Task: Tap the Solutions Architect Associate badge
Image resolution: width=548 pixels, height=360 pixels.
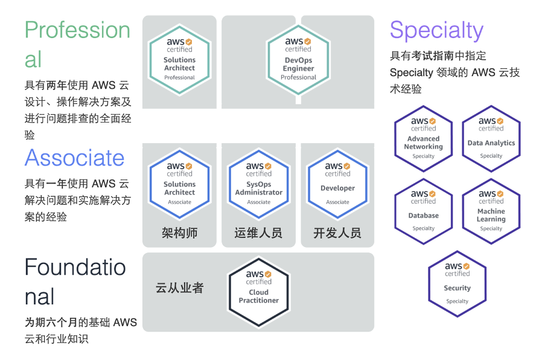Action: pyautogui.click(x=179, y=183)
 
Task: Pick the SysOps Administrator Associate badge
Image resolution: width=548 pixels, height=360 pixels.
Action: pyautogui.click(x=258, y=183)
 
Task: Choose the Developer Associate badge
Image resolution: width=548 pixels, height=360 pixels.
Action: pyautogui.click(x=337, y=183)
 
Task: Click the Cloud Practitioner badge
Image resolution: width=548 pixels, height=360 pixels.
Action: pyautogui.click(x=258, y=291)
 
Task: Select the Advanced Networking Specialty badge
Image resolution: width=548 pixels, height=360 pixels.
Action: pyautogui.click(x=423, y=138)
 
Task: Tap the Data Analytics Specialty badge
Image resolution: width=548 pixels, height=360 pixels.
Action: pyautogui.click(x=491, y=138)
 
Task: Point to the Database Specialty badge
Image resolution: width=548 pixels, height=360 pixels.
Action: pyautogui.click(x=423, y=211)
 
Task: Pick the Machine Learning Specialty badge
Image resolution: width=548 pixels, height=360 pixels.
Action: pyautogui.click(x=491, y=211)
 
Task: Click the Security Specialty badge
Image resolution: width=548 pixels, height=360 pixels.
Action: pyautogui.click(x=457, y=283)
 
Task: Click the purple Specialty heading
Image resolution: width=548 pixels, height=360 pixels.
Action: pyautogui.click(x=436, y=30)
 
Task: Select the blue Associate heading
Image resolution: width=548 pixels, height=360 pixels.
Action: pyautogui.click(x=74, y=158)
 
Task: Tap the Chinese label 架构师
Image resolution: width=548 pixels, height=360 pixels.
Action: pyautogui.click(x=179, y=233)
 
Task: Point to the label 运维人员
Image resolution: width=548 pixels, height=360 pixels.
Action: pyautogui.click(x=258, y=233)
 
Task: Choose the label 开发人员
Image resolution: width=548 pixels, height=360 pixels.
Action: pyautogui.click(x=337, y=233)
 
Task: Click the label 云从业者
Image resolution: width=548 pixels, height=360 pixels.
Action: pyautogui.click(x=179, y=288)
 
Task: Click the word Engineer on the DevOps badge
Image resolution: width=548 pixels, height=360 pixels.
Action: pyautogui.click(x=298, y=69)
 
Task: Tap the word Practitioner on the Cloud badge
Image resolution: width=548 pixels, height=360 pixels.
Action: pyautogui.click(x=258, y=300)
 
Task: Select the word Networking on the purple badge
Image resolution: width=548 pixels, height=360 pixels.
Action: pyautogui.click(x=423, y=147)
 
